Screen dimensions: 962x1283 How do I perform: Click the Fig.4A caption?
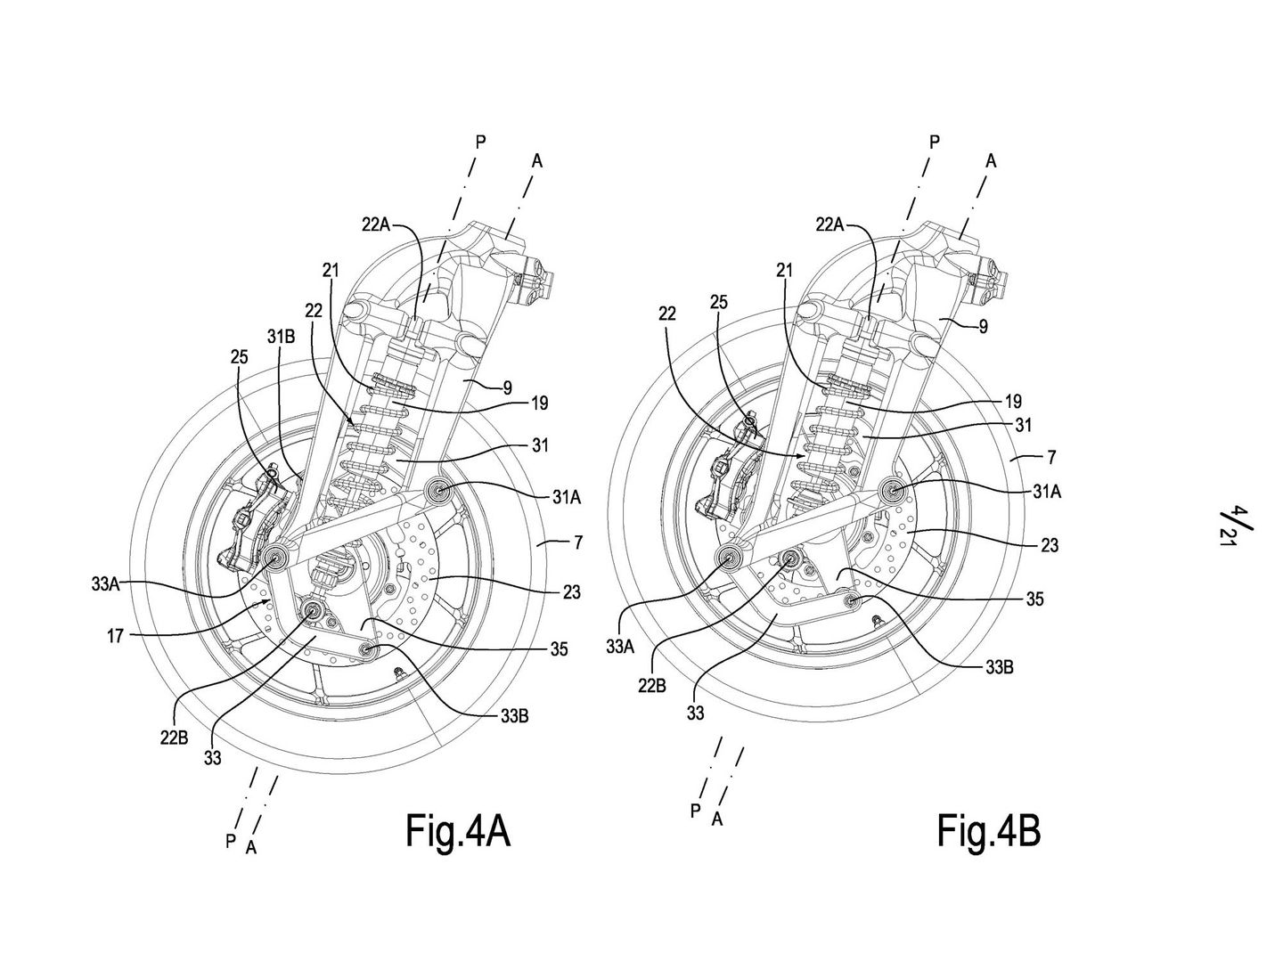458,831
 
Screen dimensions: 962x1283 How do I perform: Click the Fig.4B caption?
988,831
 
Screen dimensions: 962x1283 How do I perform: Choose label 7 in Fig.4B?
1051,457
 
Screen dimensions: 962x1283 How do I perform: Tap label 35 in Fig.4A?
559,649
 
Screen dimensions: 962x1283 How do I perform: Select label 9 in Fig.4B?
982,326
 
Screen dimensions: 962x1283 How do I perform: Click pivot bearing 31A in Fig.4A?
439,491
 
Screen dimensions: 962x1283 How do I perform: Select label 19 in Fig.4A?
539,404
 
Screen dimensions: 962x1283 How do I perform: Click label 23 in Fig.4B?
1049,545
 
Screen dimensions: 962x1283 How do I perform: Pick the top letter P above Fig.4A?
480,141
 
